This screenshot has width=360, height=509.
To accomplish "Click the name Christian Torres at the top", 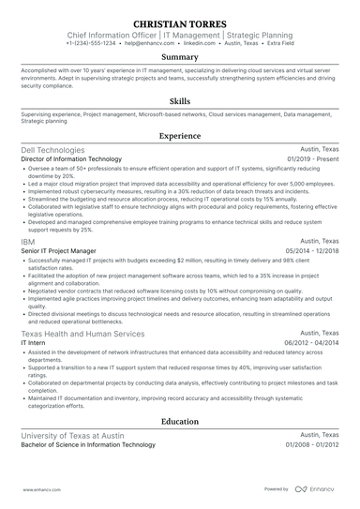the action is (x=180, y=22).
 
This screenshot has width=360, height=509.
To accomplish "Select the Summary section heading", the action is (x=180, y=56).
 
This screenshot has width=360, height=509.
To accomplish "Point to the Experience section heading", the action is (x=180, y=136).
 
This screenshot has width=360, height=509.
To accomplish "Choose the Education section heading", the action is (x=180, y=422).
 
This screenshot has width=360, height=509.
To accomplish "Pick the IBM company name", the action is (x=28, y=242).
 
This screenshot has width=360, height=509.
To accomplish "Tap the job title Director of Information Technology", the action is (x=78, y=160).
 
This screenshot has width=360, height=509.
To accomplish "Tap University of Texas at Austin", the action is (x=77, y=435).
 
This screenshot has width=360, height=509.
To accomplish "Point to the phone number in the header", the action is (x=91, y=43).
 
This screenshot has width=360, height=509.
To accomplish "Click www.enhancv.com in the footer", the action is (x=38, y=488).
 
